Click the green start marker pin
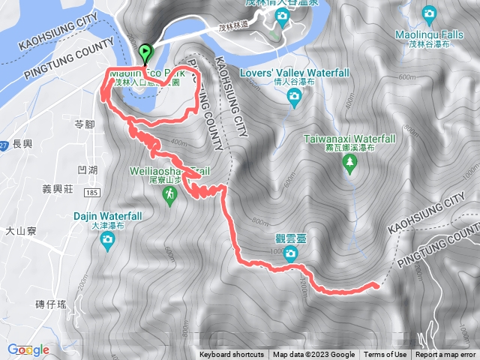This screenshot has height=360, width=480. tap(144, 53)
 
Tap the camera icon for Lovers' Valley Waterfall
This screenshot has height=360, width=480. tap(295, 97)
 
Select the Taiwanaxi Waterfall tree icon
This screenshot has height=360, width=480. tap(349, 166)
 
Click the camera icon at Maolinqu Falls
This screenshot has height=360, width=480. tap(429, 13)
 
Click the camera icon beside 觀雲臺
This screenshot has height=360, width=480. tap(290, 254)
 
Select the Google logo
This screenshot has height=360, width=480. tap(28, 349)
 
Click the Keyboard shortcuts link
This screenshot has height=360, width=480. tap(232, 355)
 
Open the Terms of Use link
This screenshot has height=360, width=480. tap(385, 355)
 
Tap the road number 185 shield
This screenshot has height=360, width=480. tap(92, 193)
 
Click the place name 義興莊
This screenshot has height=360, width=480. tap(55, 191)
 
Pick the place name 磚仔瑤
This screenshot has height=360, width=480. tap(51, 304)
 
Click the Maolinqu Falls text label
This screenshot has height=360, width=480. tap(429, 34)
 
